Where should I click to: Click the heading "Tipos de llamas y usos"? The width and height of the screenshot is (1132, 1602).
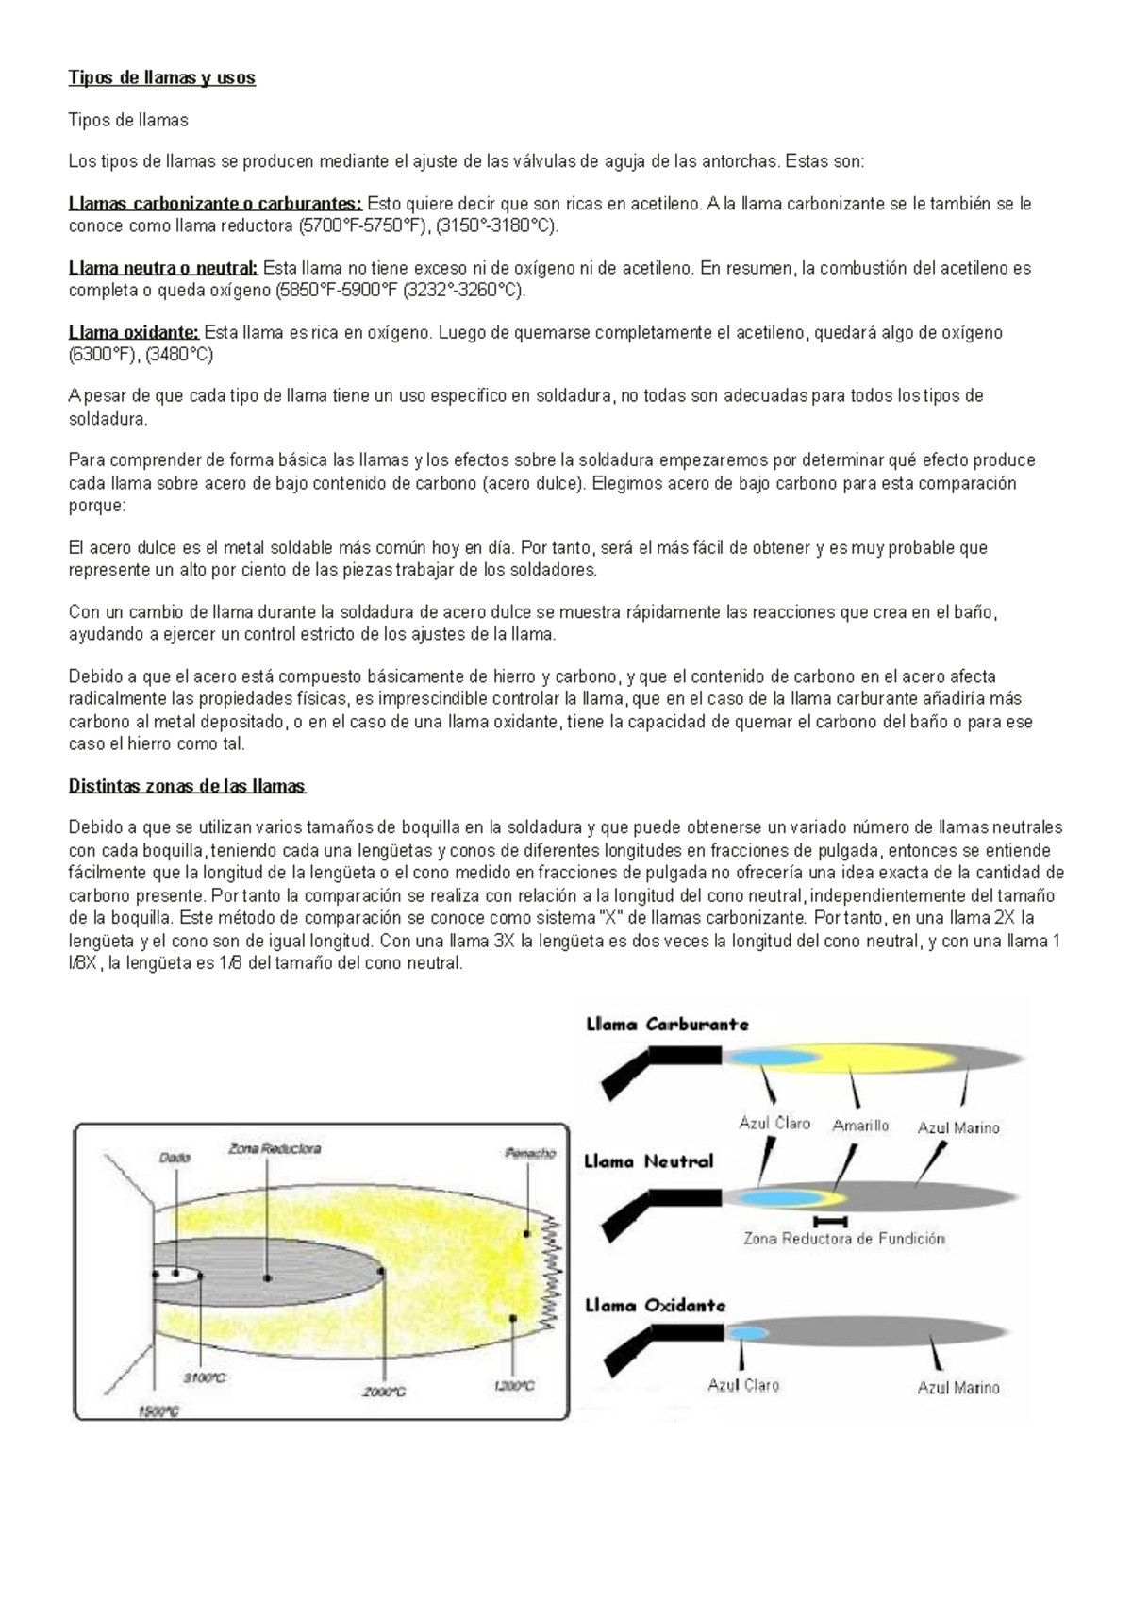click(161, 78)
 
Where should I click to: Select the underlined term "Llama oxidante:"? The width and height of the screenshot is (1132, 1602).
click(134, 332)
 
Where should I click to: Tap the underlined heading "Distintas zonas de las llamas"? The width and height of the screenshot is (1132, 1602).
click(187, 786)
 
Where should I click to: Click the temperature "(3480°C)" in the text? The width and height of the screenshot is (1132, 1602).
click(178, 355)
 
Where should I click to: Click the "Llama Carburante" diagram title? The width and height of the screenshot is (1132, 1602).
click(667, 1025)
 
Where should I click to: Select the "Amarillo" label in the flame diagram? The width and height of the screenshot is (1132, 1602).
click(860, 1126)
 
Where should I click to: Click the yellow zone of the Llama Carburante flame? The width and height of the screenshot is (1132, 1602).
click(877, 1058)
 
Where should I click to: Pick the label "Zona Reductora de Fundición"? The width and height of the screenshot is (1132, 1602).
click(843, 1239)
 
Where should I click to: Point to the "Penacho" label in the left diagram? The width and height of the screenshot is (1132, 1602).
click(530, 1153)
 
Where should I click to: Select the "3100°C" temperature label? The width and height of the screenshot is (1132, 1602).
click(205, 1378)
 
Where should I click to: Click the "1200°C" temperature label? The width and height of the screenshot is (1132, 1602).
click(513, 1386)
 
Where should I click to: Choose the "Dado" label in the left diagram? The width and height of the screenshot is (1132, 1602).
click(175, 1157)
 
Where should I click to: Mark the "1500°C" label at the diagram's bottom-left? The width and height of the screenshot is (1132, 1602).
click(158, 1411)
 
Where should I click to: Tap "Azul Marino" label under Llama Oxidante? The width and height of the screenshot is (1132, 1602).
click(957, 1388)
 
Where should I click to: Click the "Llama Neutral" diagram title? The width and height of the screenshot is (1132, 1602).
click(648, 1162)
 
